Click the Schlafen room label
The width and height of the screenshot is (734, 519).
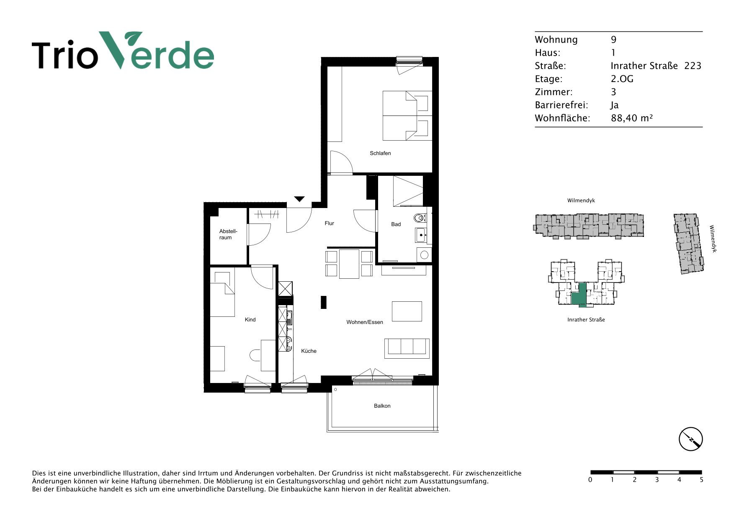click(380, 153)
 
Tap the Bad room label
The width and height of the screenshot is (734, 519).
click(396, 224)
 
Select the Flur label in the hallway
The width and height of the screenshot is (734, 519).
click(329, 224)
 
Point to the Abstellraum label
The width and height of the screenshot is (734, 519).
click(228, 234)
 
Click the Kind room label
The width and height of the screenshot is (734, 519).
click(250, 320)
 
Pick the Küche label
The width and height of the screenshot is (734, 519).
click(309, 351)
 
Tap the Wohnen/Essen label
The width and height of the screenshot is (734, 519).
click(365, 322)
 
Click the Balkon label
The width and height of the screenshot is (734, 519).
click(382, 406)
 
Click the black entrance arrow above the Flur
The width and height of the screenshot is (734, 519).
click(299, 199)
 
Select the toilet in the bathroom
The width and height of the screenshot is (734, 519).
click(420, 218)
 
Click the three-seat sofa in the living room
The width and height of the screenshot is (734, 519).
click(407, 348)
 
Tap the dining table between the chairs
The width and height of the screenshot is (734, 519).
click(349, 264)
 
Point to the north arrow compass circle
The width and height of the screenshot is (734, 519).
click(690, 439)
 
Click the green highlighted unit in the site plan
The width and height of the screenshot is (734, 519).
click(579, 295)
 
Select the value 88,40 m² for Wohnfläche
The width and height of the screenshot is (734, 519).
click(631, 118)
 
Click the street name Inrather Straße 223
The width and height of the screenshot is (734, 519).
click(656, 66)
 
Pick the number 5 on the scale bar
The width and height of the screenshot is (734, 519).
click(701, 480)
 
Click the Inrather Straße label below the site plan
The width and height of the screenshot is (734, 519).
click(586, 320)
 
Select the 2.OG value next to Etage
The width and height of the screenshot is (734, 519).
click(622, 79)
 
